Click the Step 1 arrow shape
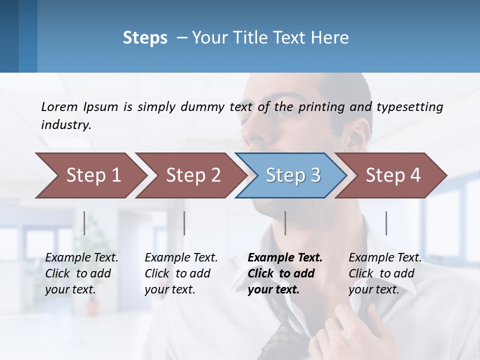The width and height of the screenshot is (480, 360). pos(92,175)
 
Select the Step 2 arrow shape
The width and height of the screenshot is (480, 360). pos(192,175)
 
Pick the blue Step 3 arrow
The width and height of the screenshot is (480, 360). pos(292,175)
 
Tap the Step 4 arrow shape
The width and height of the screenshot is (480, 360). pos(392,175)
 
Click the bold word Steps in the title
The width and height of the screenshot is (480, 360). pos(145,38)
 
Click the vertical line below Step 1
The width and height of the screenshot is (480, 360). pos(84,223)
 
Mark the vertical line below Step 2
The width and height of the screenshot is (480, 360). pos(184,223)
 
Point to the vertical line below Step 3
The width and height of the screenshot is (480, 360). pos(285,223)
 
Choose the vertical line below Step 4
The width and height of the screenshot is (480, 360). pos(386,223)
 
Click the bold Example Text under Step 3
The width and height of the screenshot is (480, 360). pos(285,258)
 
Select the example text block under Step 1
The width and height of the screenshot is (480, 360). pos(81,273)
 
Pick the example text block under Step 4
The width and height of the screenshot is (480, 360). pos(385,273)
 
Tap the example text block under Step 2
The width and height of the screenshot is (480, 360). pos(181,273)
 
